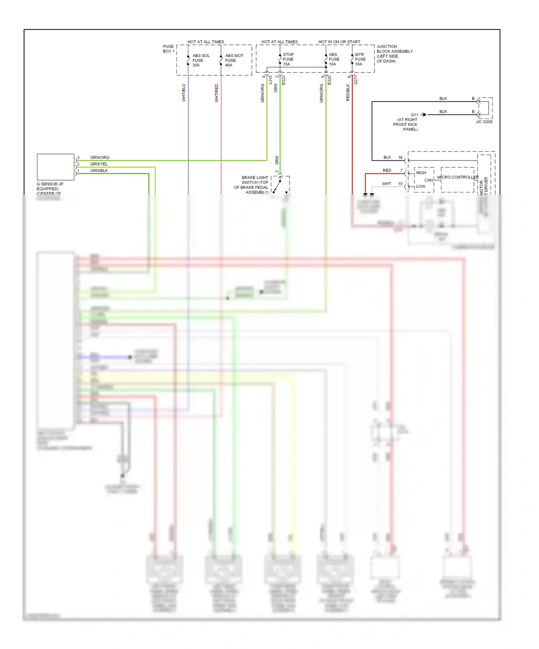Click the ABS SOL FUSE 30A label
[x=201, y=60]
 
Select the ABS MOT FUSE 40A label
[x=234, y=60]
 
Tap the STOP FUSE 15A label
[x=288, y=59]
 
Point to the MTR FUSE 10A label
[x=360, y=59]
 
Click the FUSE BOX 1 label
[x=168, y=49]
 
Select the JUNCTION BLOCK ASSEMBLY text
[x=394, y=53]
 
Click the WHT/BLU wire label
[x=184, y=93]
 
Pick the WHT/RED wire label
[x=216, y=93]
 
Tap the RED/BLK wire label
[x=347, y=93]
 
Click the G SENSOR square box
[x=55, y=167]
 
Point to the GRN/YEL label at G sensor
[x=99, y=164]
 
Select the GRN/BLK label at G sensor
[x=99, y=171]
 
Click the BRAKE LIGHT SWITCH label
[x=254, y=185]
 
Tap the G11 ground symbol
[x=424, y=115]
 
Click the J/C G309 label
[x=484, y=122]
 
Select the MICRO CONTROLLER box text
[x=457, y=177]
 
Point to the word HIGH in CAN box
[x=421, y=173]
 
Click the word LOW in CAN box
[x=420, y=186]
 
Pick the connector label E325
[x=329, y=80]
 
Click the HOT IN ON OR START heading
[x=339, y=42]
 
